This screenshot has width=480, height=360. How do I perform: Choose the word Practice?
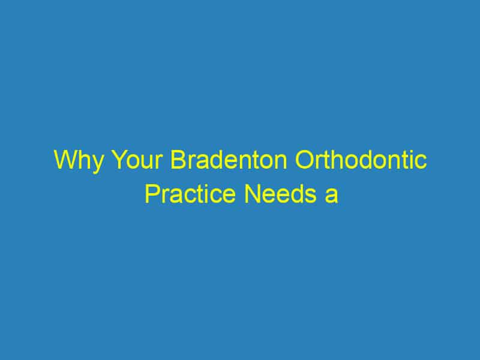pos(184,195)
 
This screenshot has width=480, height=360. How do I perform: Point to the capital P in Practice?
pos(151,195)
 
